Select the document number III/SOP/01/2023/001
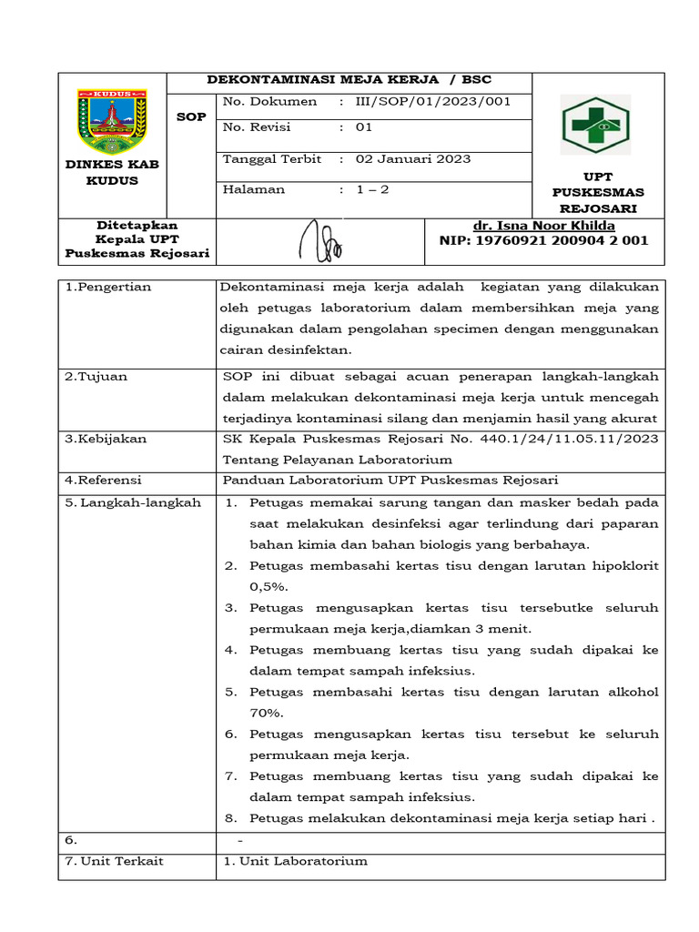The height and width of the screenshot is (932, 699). coord(432,102)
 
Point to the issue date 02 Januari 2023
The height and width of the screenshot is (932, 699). coord(412,159)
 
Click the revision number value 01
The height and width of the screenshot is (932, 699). coord(364,128)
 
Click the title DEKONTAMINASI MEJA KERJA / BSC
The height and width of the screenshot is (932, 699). coord(349,79)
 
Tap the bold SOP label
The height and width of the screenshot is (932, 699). coord(191,117)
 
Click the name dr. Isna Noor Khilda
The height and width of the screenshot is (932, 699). coord(543,226)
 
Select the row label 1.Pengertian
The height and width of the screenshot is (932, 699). coord(107,288)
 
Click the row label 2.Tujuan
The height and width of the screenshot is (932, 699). coord(95,377)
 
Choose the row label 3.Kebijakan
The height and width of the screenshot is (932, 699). coord(106,439)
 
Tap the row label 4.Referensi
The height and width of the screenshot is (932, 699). coord(102,481)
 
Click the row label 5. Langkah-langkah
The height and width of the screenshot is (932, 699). coord(133,502)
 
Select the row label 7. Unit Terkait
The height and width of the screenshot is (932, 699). coord(114,861)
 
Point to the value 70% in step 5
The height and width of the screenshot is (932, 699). coord(266,713)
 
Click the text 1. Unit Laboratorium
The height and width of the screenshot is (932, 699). coord(295,861)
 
